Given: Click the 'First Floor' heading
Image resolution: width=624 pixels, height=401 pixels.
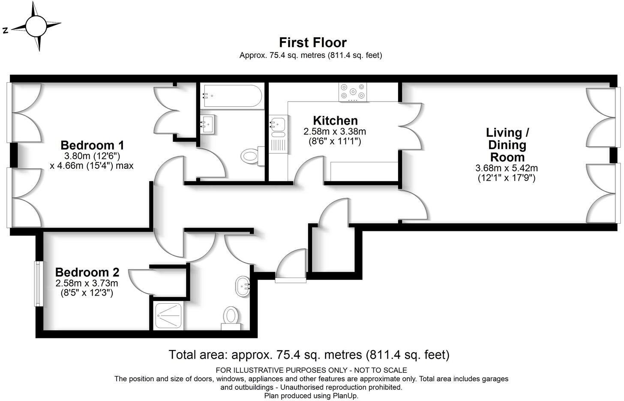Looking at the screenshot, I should click(312, 42).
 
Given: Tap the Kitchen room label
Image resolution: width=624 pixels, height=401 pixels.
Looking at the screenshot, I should click(335, 120).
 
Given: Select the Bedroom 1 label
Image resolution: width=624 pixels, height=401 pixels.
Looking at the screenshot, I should click(92, 144).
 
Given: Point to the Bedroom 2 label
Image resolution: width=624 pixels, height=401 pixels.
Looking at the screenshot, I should click(87, 272).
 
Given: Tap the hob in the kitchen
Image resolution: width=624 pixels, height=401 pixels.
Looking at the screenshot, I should click(353, 92).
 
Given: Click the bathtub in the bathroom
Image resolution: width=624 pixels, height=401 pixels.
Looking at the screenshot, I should click(231, 96).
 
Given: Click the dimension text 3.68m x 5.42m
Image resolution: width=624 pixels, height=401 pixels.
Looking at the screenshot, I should click(507, 168).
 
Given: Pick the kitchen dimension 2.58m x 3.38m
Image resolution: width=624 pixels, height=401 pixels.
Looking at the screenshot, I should click(335, 132).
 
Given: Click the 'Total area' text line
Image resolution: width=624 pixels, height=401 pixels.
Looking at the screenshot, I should click(309, 355).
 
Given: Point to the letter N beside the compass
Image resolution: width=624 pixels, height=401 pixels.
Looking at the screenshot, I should click(6, 30).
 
